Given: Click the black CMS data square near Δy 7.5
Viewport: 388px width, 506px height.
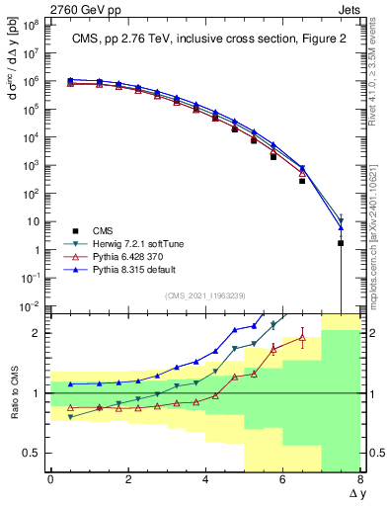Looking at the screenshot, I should (341, 243).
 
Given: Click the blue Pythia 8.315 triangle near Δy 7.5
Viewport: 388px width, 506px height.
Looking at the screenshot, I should (341, 228).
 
